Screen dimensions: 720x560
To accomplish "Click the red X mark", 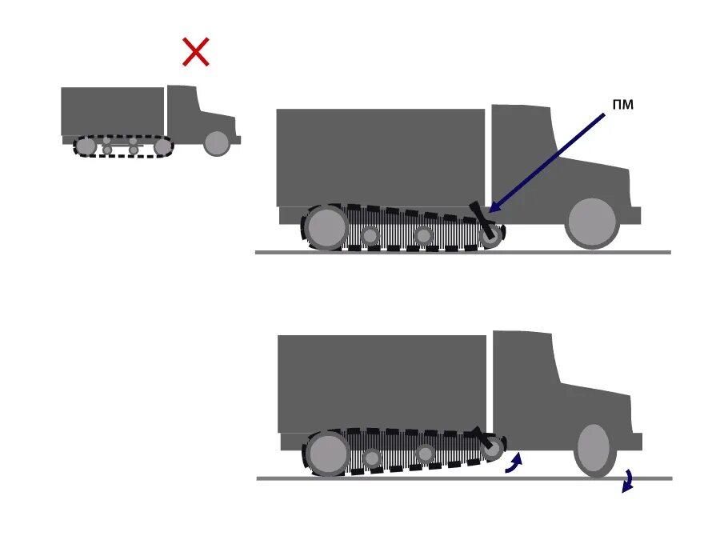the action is (196, 52).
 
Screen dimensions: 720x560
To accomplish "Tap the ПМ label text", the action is (622, 105).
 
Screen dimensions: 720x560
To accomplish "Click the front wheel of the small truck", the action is (217, 143).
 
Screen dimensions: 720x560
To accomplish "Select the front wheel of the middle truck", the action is (592, 222).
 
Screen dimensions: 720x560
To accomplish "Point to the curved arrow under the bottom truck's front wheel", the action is (628, 481).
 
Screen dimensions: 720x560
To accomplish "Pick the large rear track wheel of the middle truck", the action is (326, 227).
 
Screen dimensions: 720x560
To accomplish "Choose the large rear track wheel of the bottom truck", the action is (327, 454).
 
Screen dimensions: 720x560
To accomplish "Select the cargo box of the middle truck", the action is (380, 157).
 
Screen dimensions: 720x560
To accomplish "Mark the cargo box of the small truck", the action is (112, 111).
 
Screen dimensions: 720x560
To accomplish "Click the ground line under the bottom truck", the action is (464, 478).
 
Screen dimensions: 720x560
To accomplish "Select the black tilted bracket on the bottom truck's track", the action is (481, 439).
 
